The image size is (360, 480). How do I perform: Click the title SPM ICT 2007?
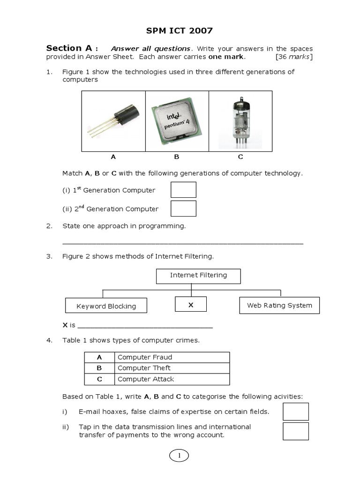tap(180, 31)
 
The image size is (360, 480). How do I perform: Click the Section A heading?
tap(72, 48)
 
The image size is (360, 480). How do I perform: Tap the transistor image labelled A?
tap(113, 121)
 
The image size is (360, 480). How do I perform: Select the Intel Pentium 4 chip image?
tap(177, 121)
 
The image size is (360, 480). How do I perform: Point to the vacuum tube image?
tap(240, 121)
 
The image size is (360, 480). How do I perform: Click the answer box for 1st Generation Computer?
tap(183, 190)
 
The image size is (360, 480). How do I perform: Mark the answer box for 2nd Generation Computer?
tap(183, 209)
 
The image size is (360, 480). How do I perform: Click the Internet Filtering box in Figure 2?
tap(198, 276)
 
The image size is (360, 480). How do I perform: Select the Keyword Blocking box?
tap(106, 306)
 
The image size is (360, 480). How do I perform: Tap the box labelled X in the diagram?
tap(191, 305)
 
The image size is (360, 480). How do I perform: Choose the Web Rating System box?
tap(279, 305)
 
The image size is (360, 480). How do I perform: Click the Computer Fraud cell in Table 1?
tap(172, 357)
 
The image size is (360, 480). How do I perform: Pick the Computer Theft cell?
tap(172, 368)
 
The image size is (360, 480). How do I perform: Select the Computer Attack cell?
tap(172, 379)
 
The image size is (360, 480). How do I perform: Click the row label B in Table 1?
tap(99, 368)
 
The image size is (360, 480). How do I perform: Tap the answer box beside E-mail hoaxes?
tap(296, 412)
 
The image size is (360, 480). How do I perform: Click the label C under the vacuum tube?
tap(240, 157)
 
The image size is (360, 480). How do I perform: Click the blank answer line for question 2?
tap(183, 242)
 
